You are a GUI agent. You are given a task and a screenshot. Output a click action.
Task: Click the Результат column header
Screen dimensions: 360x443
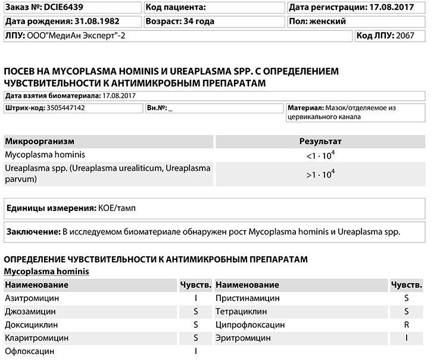coord(320,141)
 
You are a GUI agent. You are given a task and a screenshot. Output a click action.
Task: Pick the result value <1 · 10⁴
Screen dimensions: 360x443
coord(320,155)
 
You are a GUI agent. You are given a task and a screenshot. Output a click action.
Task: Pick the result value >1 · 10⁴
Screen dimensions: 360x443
coord(320,174)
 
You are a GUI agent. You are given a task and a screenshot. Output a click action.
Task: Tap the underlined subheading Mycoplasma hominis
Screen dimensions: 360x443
coord(46,272)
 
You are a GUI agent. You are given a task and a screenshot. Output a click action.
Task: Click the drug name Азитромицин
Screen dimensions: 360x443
coord(32,297)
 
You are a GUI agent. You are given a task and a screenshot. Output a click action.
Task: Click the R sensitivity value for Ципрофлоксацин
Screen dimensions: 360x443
coord(407,325)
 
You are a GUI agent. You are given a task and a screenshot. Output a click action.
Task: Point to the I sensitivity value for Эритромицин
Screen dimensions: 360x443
coord(407,339)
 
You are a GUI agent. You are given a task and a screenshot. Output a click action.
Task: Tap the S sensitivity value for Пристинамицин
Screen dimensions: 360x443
coord(407,297)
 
